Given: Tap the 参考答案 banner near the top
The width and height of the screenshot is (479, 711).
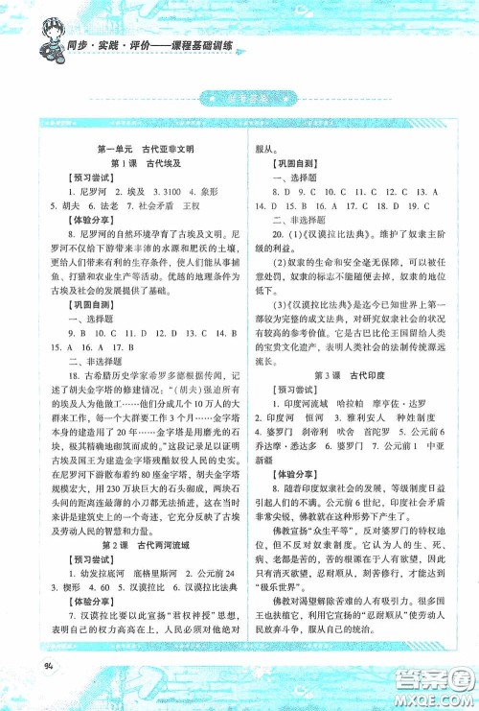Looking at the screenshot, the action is pos(239,97).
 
